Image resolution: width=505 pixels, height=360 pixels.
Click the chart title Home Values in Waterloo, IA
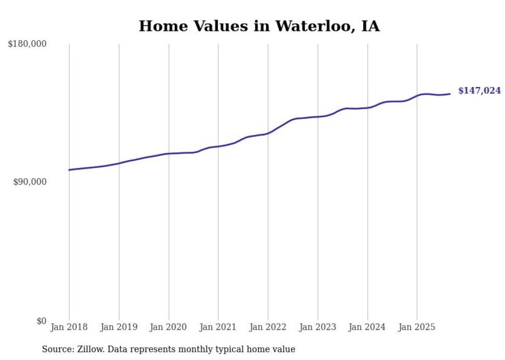pos(259,26)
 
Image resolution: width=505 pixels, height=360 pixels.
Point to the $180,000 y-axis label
pos(27,44)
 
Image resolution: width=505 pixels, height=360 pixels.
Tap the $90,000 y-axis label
pos(29,182)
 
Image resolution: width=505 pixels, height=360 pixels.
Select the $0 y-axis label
pos(41,321)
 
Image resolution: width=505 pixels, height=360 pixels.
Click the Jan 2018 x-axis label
pos(69,327)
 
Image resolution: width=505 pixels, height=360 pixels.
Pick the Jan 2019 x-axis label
pos(119,327)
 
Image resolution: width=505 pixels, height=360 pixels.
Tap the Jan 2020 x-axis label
pos(169,327)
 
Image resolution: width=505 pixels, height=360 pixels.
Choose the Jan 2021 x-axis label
pos(218,327)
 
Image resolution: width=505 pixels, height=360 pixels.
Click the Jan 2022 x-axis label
pos(268,327)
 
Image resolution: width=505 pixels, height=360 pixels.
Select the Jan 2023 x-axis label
pos(317,327)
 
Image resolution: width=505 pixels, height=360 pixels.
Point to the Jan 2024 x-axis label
pos(367,327)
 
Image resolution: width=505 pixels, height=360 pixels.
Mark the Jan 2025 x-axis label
pos(417,327)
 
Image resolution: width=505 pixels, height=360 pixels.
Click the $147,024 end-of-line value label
pos(479,91)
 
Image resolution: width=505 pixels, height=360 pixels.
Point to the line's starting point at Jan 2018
pos(69,170)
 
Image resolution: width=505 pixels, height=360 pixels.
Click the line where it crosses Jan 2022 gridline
pos(268,133)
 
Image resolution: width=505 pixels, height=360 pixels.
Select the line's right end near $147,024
pos(450,94)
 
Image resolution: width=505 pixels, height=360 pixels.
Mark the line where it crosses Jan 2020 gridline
pos(169,153)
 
